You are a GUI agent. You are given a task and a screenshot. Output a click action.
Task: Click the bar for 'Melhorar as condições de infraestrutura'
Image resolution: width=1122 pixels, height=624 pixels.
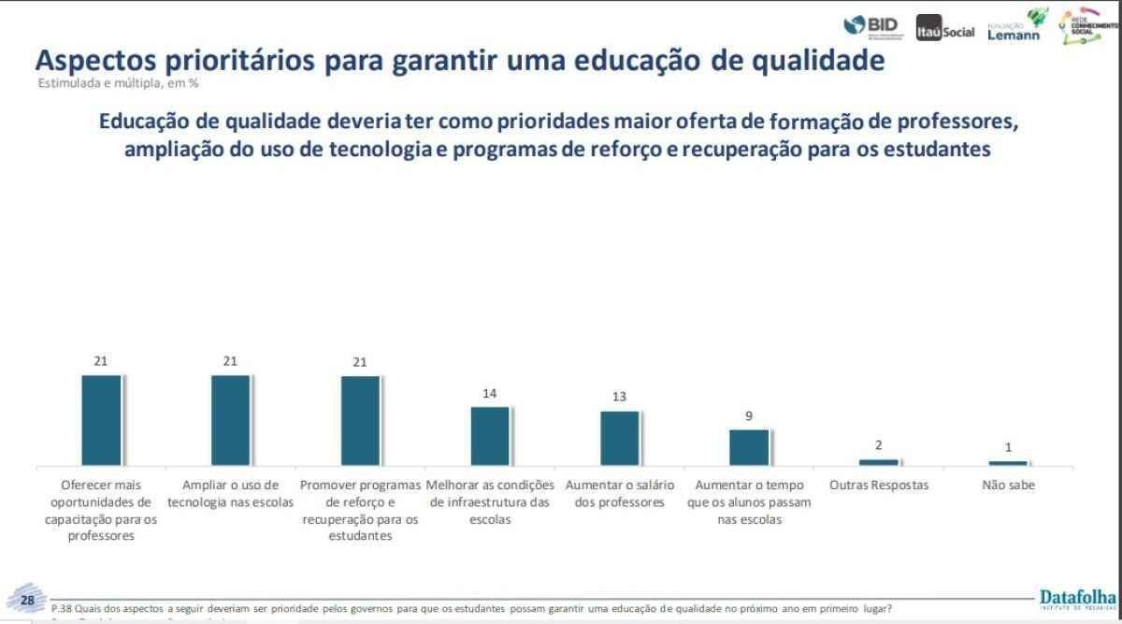tap(490, 436)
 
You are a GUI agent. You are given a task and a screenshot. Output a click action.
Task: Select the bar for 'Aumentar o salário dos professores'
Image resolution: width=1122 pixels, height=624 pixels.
tap(620, 438)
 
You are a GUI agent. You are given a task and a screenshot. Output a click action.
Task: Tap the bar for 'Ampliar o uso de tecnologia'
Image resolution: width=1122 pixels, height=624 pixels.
tap(230, 420)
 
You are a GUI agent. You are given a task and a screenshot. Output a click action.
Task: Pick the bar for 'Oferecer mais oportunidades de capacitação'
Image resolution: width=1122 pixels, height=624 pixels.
tap(101, 420)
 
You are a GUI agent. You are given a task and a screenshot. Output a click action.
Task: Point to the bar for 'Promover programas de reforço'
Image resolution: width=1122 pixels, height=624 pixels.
tap(360, 420)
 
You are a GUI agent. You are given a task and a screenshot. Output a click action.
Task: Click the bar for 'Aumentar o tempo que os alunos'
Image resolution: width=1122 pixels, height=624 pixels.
tap(749, 447)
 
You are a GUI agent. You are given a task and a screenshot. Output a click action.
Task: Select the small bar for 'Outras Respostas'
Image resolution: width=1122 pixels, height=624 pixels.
tap(879, 461)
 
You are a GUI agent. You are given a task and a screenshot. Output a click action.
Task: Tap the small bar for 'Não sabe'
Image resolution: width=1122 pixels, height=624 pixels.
tap(1008, 463)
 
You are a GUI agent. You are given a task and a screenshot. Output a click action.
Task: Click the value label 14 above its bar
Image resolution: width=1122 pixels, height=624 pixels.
tap(490, 394)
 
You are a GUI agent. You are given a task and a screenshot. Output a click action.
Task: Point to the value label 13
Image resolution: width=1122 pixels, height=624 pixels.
tap(619, 397)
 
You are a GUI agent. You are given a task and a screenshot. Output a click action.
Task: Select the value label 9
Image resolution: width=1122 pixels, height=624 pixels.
tap(749, 416)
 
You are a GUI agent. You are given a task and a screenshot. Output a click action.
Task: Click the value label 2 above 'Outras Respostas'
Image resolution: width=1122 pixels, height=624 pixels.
tap(879, 445)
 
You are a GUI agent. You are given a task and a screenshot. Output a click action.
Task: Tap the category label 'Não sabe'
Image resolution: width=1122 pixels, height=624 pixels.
tap(1008, 486)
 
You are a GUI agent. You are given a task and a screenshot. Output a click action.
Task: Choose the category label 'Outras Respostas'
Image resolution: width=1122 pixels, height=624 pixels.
tap(879, 486)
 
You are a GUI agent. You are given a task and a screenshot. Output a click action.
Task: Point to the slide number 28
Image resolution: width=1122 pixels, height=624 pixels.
tap(27, 600)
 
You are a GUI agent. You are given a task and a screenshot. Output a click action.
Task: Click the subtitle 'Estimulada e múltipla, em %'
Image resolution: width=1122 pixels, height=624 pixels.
tap(118, 82)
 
